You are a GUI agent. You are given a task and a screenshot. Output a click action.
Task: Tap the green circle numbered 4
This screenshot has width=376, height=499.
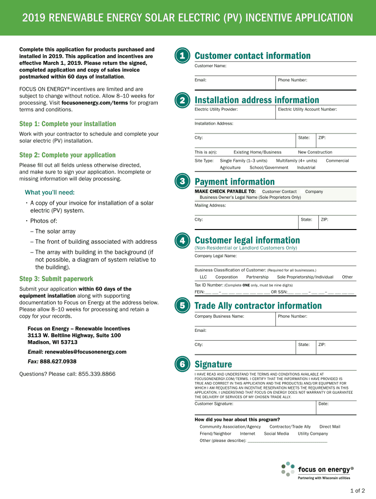(x=182, y=241)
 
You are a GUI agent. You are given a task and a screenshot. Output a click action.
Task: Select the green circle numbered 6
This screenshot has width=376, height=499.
(x=182, y=365)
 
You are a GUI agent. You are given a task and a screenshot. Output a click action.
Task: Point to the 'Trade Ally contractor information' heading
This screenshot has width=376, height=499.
(x=258, y=306)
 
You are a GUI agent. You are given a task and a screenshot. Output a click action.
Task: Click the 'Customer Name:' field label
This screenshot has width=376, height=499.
(x=210, y=66)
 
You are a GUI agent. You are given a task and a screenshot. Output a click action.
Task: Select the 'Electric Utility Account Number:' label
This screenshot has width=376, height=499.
(x=307, y=109)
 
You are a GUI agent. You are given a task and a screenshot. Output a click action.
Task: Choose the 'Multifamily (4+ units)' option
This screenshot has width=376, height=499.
(x=296, y=160)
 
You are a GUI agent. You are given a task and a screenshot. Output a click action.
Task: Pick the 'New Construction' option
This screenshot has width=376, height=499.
(x=315, y=152)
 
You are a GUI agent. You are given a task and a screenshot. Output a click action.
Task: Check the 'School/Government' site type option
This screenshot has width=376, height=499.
(x=269, y=167)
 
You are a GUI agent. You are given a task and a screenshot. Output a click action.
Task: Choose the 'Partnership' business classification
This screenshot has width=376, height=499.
(x=257, y=277)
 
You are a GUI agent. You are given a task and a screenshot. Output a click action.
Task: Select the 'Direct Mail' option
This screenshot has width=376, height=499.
(x=330, y=426)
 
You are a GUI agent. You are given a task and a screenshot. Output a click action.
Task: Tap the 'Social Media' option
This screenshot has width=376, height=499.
(x=276, y=433)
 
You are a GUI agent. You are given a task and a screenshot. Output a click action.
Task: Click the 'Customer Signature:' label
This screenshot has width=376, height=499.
(x=214, y=403)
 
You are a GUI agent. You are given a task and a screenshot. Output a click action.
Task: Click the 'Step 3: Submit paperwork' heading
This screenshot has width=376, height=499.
(x=56, y=279)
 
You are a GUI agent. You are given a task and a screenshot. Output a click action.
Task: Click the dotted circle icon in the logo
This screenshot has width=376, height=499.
(x=288, y=469)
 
